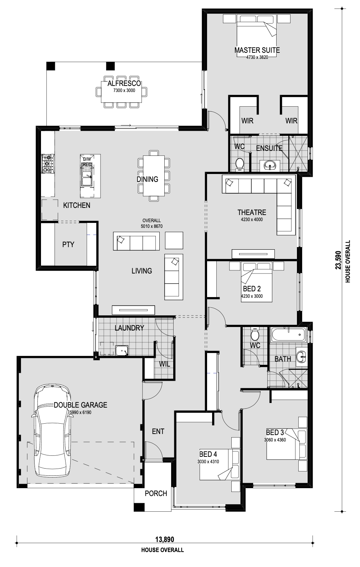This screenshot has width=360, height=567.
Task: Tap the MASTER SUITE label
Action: coord(257,50)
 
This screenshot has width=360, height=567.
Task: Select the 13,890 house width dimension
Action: coord(164,540)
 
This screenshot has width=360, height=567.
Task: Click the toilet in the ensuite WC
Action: coord(240,164)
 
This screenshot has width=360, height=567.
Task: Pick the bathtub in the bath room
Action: coord(288,335)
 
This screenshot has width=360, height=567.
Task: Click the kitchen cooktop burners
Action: coord(48,163)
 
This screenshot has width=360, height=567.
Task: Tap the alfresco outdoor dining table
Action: coord(121,92)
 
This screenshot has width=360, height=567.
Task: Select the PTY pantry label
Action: coord(68,244)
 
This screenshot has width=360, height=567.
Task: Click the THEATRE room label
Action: coord(252,212)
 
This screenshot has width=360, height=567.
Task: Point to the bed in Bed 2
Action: coord(257,282)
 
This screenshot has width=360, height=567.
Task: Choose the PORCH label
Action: coord(156,493)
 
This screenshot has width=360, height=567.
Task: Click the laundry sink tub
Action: coord(122,351)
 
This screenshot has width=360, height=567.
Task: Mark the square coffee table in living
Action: coord(174,240)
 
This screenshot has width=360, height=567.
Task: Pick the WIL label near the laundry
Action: coord(164,364)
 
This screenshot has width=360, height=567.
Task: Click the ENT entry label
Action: coord(158,431)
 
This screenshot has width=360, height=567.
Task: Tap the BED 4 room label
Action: coord(208,454)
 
